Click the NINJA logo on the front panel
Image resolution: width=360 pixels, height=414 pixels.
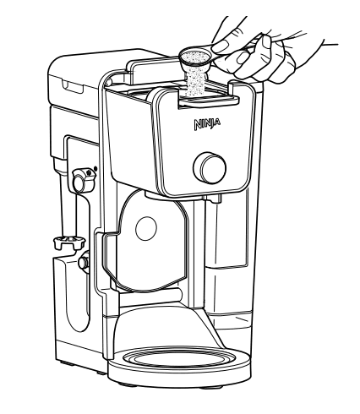(207, 124)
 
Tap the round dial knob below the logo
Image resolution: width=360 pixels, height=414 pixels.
(210, 168)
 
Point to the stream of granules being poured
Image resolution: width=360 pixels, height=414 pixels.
(194, 83)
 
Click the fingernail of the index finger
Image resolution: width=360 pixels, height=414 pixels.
(221, 46)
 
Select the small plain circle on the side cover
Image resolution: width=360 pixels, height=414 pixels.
(146, 228)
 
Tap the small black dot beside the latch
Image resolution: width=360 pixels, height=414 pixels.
(95, 169)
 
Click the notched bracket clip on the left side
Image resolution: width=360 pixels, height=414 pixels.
(69, 242)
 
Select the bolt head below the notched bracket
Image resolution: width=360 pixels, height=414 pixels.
(83, 262)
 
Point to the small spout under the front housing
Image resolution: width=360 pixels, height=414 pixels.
(215, 199)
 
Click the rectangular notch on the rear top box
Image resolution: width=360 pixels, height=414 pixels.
(74, 87)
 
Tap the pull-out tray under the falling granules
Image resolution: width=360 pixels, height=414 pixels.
(209, 101)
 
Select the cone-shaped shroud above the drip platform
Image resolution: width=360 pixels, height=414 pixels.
(169, 324)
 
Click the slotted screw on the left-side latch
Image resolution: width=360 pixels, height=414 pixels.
(88, 172)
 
